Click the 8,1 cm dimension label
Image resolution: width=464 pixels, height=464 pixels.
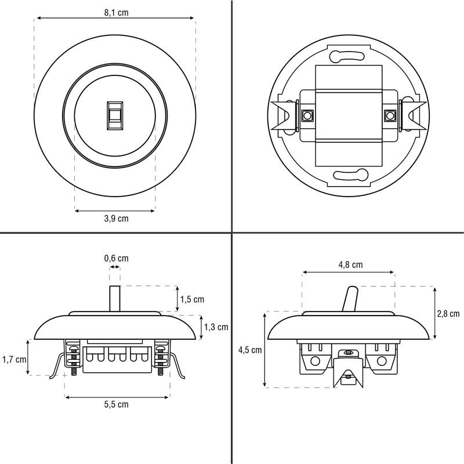117,13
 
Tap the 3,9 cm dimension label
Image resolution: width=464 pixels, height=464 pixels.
117,219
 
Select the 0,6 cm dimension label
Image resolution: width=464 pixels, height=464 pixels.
117,258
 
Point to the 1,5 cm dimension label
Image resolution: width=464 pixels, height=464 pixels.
193,299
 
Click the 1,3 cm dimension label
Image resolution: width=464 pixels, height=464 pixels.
216,327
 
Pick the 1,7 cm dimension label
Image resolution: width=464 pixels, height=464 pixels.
14,360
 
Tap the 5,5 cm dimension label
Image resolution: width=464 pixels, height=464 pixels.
117,404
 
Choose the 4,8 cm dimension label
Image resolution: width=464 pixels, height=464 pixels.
351,264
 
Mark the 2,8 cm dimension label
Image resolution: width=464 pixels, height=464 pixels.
448,314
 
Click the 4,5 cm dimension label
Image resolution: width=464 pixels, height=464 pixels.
251,350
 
